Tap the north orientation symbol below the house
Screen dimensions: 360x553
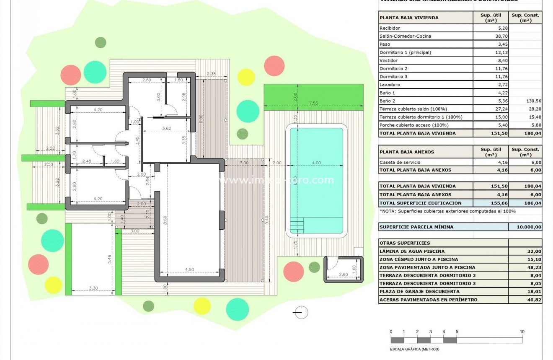301,312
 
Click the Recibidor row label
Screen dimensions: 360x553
390,28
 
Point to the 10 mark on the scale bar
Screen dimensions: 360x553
522,332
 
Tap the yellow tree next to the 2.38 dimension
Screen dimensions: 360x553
246,77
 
